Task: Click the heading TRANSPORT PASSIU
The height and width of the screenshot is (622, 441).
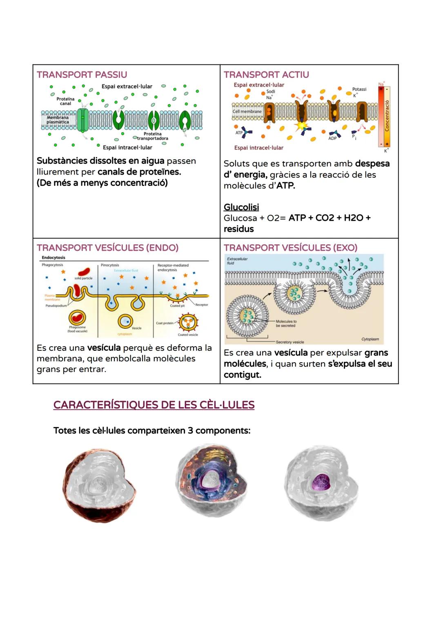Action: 82,75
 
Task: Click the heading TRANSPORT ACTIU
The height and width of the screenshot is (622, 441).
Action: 266,75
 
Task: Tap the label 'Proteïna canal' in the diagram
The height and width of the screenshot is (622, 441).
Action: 65,101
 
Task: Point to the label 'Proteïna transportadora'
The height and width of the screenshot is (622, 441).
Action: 152,136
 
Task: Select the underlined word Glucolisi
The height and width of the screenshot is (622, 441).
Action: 241,207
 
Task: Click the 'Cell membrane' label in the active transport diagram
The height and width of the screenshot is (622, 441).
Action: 247,111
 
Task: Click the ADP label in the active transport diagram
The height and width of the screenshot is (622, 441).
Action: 332,138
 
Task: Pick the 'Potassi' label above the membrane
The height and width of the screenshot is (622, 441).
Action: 359,89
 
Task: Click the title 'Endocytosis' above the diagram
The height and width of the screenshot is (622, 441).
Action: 53,258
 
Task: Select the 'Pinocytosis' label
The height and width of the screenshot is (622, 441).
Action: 110,265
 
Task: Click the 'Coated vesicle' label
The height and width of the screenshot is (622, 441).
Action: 188,335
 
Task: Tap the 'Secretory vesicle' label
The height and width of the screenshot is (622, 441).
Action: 290,342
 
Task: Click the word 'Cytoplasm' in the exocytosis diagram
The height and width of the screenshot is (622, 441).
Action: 370,339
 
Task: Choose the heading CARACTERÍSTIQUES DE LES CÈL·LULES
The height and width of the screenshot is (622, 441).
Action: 154,405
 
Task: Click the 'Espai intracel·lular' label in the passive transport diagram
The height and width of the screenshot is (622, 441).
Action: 127,148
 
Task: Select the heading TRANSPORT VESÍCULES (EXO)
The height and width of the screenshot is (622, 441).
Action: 290,248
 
